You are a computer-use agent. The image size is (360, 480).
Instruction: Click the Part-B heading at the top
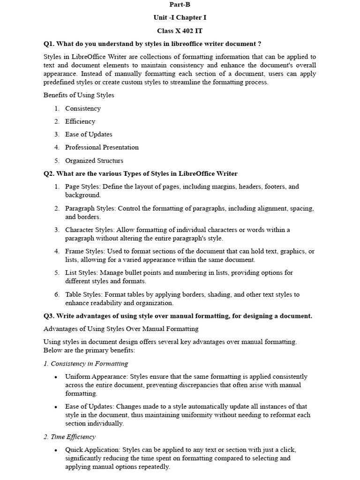tap(180, 4)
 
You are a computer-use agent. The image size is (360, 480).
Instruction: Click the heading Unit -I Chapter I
tap(180, 17)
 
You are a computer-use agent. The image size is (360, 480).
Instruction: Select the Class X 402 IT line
tap(180, 30)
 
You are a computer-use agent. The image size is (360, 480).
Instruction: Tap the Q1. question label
tap(50, 44)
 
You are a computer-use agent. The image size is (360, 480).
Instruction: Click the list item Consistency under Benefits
tap(83, 108)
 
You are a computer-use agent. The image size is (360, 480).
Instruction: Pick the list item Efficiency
tap(80, 121)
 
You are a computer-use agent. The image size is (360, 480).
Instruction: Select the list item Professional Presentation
tap(102, 147)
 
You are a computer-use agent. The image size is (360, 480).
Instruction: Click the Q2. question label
tap(50, 173)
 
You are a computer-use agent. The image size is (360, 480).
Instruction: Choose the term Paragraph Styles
tap(90, 208)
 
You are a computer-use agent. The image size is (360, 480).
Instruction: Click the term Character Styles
tap(90, 230)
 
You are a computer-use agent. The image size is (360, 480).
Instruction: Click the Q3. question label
tap(50, 316)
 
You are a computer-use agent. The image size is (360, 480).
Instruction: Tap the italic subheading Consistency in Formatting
tap(89, 363)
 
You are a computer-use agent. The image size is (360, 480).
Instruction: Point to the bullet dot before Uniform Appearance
tap(56, 377)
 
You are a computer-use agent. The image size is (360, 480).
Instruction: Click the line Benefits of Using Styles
tap(79, 95)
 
